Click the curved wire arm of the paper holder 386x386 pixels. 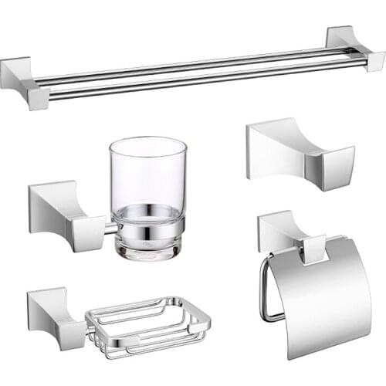264,289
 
